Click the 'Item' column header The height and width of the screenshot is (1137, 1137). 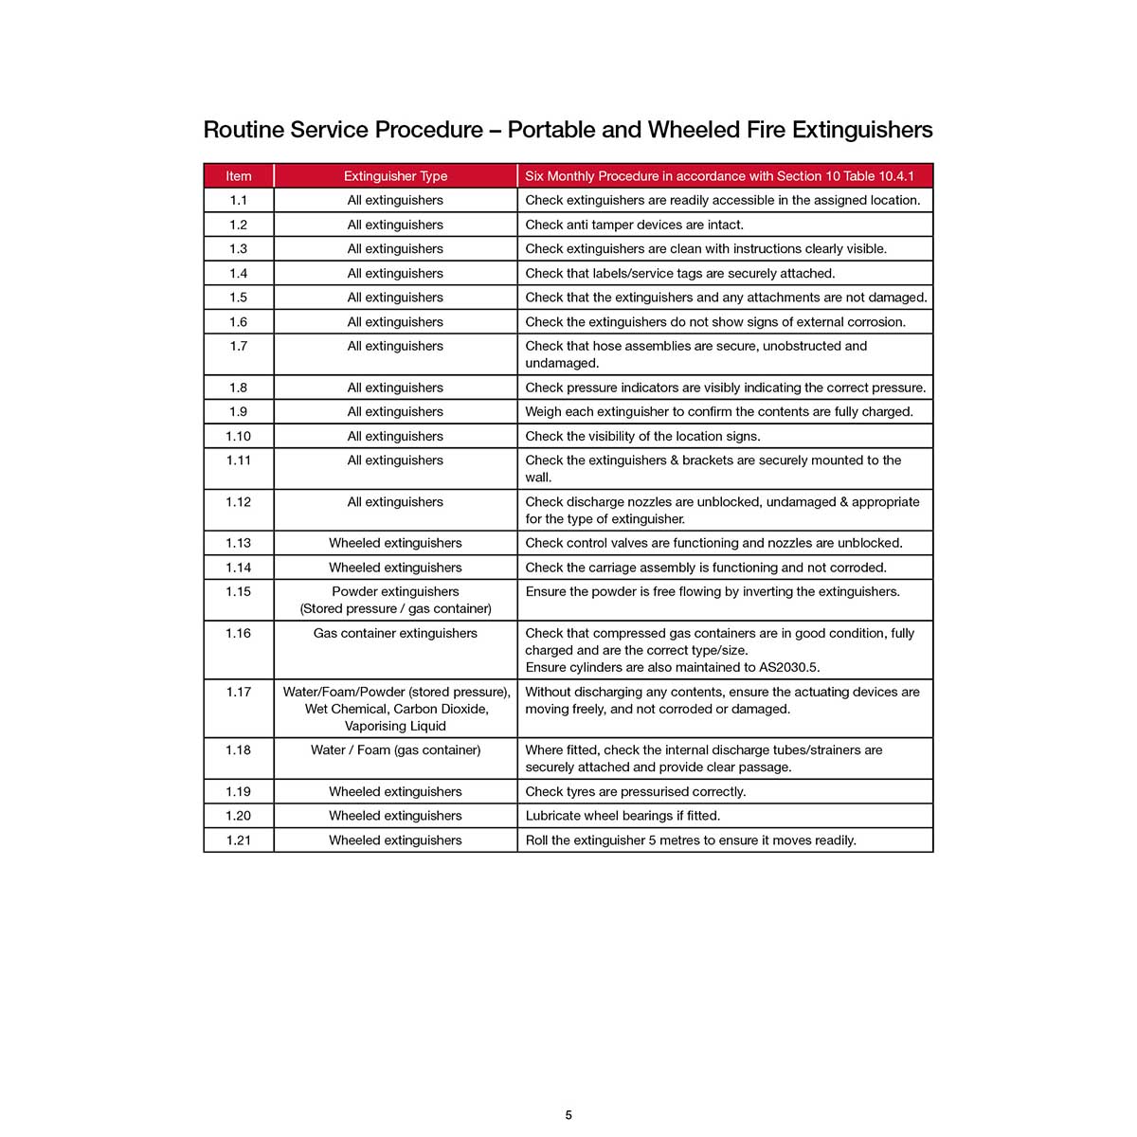tap(239, 176)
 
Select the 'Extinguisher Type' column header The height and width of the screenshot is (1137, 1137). tap(395, 176)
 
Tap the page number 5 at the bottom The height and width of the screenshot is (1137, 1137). tap(568, 1115)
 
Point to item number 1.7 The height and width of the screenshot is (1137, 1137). tap(239, 347)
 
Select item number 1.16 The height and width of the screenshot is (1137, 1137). tap(239, 634)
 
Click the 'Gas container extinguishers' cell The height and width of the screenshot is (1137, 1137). tap(395, 634)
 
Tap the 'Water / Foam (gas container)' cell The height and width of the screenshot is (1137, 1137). tap(395, 750)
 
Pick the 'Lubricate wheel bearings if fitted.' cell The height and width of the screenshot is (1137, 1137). tap(623, 816)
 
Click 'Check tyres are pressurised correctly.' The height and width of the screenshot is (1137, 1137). tap(636, 792)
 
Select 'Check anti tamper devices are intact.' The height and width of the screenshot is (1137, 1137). tap(635, 226)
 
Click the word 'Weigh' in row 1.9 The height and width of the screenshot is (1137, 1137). tap(544, 412)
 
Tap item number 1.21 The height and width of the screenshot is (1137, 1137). tap(239, 840)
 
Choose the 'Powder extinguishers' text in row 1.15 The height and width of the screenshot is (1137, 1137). tap(395, 592)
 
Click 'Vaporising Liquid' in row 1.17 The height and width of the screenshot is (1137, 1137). tap(395, 727)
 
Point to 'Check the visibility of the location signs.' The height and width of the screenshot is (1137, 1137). tap(643, 437)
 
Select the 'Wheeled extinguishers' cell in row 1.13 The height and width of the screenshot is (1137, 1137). tap(395, 544)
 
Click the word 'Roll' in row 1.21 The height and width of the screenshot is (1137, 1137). tap(536, 840)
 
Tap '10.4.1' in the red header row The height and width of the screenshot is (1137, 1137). tap(895, 176)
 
